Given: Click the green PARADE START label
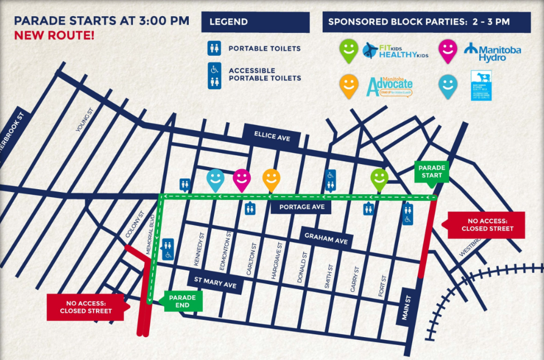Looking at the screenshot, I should pyautogui.click(x=432, y=171).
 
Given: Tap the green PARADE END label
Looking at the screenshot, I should pyautogui.click(x=182, y=301).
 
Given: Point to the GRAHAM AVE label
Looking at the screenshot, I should pyautogui.click(x=326, y=237).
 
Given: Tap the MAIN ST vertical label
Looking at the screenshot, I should pyautogui.click(x=405, y=309).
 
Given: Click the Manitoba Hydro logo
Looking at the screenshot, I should pyautogui.click(x=492, y=52).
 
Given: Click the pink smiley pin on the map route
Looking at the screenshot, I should pyautogui.click(x=241, y=179).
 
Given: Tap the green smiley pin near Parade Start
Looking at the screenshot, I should pyautogui.click(x=379, y=179).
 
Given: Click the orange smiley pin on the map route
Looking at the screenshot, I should pyautogui.click(x=271, y=179).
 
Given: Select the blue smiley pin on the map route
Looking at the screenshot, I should pyautogui.click(x=215, y=179).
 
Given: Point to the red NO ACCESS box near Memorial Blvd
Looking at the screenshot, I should pyautogui.click(x=85, y=307).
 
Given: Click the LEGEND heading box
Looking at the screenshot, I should pyautogui.click(x=255, y=22).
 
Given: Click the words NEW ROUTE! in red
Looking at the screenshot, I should pyautogui.click(x=54, y=35).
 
